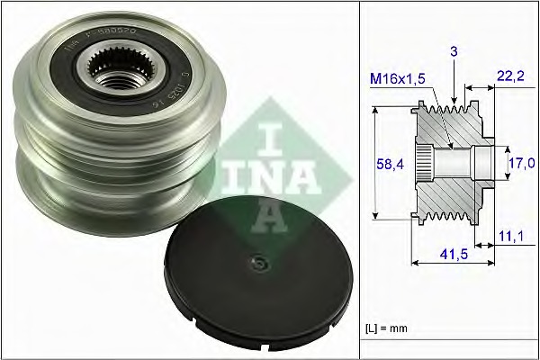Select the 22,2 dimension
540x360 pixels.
tap(508, 81)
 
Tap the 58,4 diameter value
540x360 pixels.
tap(387, 166)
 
